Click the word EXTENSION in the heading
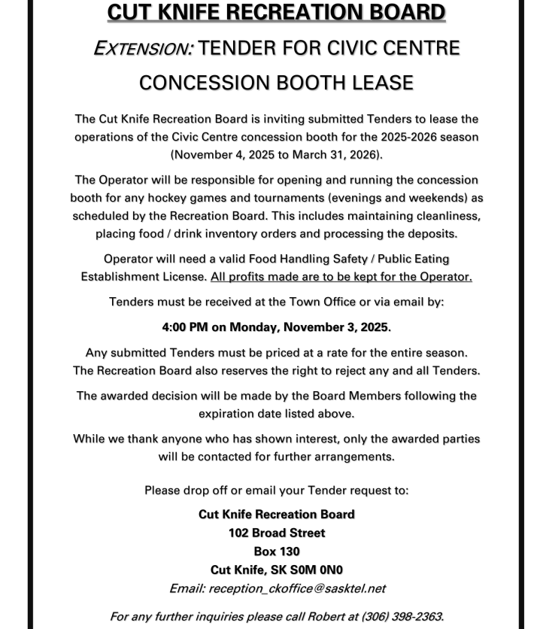tap(143, 48)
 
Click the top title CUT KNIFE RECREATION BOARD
tap(276, 13)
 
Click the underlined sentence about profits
tap(341, 276)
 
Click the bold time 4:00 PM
tap(187, 327)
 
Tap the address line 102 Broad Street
tap(277, 533)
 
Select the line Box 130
tap(277, 552)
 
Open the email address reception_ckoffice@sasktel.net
tap(297, 588)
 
